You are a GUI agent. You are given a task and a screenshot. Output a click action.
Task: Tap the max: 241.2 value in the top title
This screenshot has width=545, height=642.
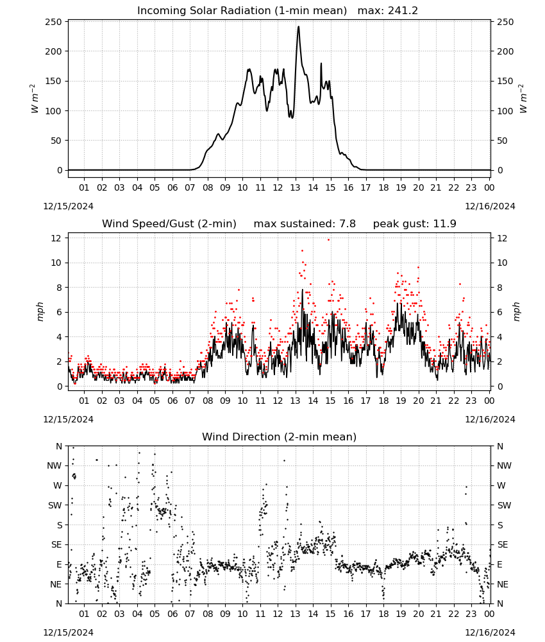[x=388, y=11]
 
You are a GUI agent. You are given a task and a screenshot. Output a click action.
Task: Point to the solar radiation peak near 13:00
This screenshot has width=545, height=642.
[x=298, y=27]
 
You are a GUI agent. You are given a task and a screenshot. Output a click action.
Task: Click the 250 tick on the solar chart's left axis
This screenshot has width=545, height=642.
[x=54, y=22]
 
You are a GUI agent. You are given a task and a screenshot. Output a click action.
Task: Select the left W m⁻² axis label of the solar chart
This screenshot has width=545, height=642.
[x=35, y=99]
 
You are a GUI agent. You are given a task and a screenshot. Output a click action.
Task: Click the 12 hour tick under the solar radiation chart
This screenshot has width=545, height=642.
[x=278, y=187]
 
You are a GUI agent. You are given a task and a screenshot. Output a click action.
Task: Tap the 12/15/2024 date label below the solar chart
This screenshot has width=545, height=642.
[x=68, y=206]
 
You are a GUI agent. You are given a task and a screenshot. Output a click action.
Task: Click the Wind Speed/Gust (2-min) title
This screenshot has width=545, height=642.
[x=169, y=224]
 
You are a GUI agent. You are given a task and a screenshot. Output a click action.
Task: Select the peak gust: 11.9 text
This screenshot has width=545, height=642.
[x=415, y=224]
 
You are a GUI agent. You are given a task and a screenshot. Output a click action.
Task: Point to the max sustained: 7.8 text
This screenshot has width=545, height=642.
[x=305, y=224]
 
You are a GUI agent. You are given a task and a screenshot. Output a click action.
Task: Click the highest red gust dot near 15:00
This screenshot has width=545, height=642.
[x=328, y=239]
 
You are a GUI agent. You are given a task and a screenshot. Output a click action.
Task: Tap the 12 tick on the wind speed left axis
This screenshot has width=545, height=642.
[x=57, y=238]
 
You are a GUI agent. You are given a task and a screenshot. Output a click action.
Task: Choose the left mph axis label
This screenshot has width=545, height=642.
[x=40, y=311]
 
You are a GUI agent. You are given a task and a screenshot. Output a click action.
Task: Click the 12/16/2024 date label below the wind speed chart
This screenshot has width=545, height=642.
[x=490, y=419]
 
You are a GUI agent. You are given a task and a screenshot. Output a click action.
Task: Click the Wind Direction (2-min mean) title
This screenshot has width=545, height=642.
[x=280, y=437]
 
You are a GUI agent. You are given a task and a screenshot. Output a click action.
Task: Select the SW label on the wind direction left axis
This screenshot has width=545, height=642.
[x=55, y=505]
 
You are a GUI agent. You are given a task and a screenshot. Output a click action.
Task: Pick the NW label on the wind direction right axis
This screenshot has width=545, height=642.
[x=504, y=465]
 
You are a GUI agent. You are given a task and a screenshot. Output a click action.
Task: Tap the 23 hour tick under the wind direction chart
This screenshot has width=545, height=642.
[x=471, y=614]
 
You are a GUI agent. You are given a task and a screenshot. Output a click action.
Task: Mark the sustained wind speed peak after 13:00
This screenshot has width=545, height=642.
[x=303, y=290]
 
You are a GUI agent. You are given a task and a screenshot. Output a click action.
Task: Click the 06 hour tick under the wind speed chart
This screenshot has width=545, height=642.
[x=172, y=401]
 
